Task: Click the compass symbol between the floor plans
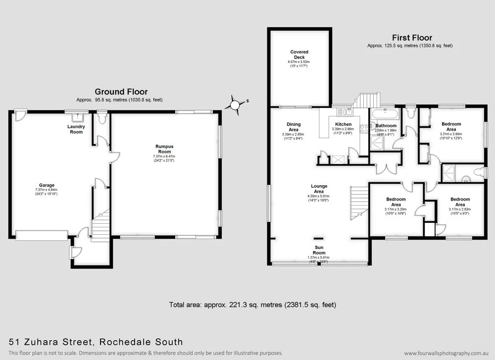234,105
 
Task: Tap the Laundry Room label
76,129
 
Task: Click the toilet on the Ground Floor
102,118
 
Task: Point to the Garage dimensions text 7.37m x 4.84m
47,190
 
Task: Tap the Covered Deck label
299,54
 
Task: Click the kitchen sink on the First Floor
349,111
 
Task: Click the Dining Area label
294,127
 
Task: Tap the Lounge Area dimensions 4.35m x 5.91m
318,196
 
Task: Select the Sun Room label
319,250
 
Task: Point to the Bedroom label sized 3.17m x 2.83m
460,202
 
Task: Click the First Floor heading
412,38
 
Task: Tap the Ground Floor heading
121,92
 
